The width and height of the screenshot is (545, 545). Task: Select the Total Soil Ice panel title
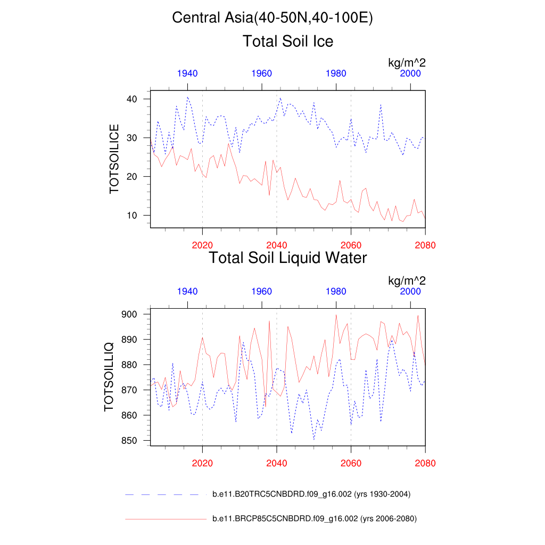coord(288,41)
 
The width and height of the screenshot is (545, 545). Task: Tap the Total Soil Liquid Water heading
coord(288,258)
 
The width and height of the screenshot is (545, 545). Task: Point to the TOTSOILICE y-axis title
coord(114,159)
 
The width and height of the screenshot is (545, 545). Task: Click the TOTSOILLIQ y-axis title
coord(109,377)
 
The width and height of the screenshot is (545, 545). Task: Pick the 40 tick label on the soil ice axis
coord(132,99)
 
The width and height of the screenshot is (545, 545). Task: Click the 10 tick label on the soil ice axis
coord(132,216)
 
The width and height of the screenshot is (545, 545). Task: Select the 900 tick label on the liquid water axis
coord(130,315)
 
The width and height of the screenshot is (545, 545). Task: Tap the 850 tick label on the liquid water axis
coord(130,441)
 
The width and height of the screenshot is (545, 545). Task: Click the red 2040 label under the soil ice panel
coord(277,245)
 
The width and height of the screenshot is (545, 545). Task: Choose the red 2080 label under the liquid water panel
coord(425,463)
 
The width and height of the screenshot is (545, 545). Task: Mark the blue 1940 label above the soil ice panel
coord(187,73)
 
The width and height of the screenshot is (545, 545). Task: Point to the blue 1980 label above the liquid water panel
coord(336,291)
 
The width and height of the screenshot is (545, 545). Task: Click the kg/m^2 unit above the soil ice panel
coord(407,63)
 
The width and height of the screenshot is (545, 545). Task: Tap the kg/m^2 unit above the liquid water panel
coord(407,280)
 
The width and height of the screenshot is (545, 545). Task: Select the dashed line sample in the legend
coord(165,494)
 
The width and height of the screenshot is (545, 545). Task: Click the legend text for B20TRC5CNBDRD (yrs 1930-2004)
coord(311,494)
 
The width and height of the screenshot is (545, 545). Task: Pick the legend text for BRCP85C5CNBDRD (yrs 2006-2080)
coord(314,518)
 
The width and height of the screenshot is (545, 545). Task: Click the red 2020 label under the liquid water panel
coord(202,463)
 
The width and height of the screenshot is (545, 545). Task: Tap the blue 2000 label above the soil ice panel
coord(410,73)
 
